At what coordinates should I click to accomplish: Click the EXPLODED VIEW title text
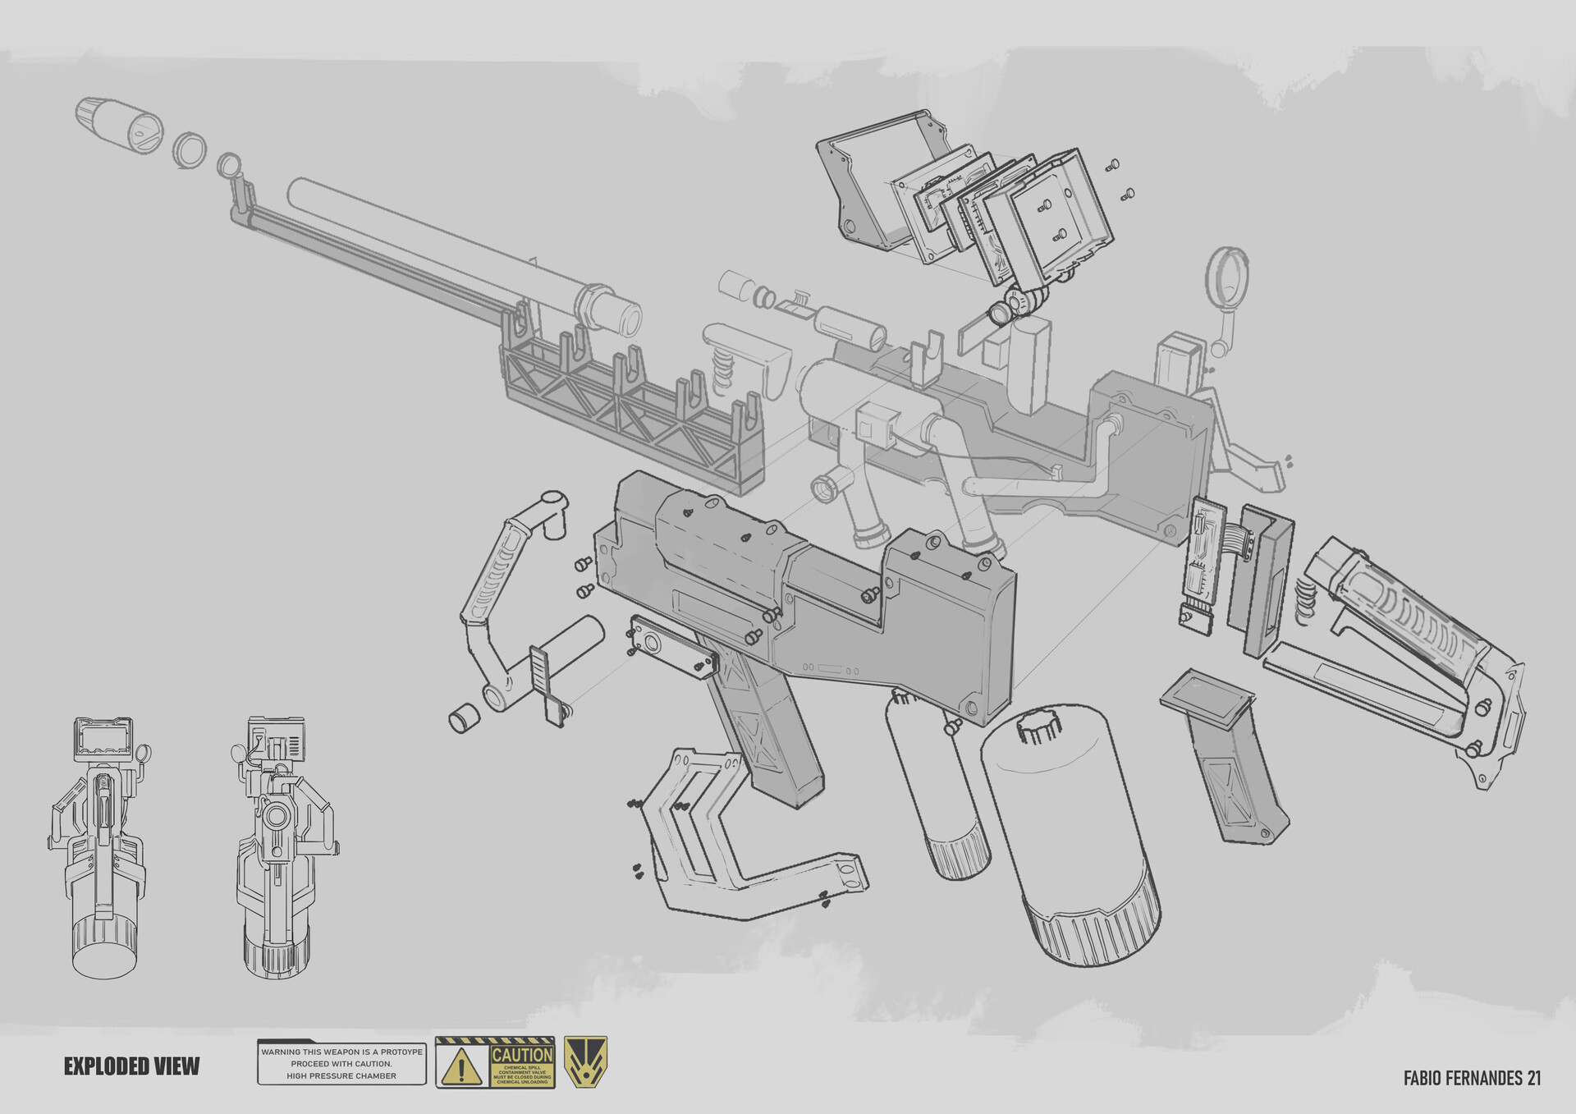pyautogui.click(x=131, y=1066)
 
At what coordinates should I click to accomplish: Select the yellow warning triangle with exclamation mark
pyautogui.click(x=461, y=1066)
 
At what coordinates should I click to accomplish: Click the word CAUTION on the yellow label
pyautogui.click(x=522, y=1054)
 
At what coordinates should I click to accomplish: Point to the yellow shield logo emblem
pyautogui.click(x=585, y=1062)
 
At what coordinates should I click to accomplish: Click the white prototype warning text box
pyautogui.click(x=341, y=1063)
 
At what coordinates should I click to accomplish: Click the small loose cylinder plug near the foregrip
pyautogui.click(x=464, y=717)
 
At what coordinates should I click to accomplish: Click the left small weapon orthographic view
pyautogui.click(x=103, y=846)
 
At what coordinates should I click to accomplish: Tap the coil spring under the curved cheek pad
pyautogui.click(x=723, y=365)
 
